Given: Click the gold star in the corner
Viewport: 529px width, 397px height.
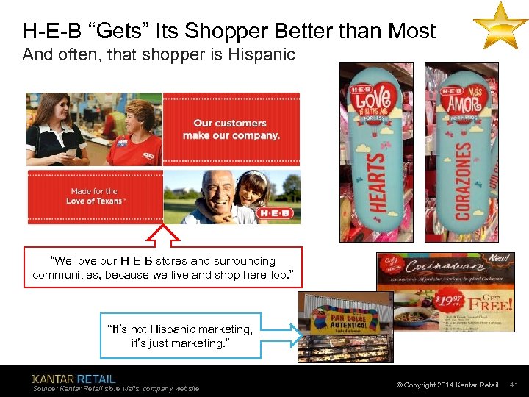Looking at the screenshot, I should coord(500,25).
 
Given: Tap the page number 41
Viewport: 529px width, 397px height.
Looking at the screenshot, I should coord(514,385).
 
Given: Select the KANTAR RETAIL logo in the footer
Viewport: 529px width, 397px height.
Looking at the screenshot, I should coord(74,379).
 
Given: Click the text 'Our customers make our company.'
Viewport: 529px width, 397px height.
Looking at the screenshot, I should coord(231,129).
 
